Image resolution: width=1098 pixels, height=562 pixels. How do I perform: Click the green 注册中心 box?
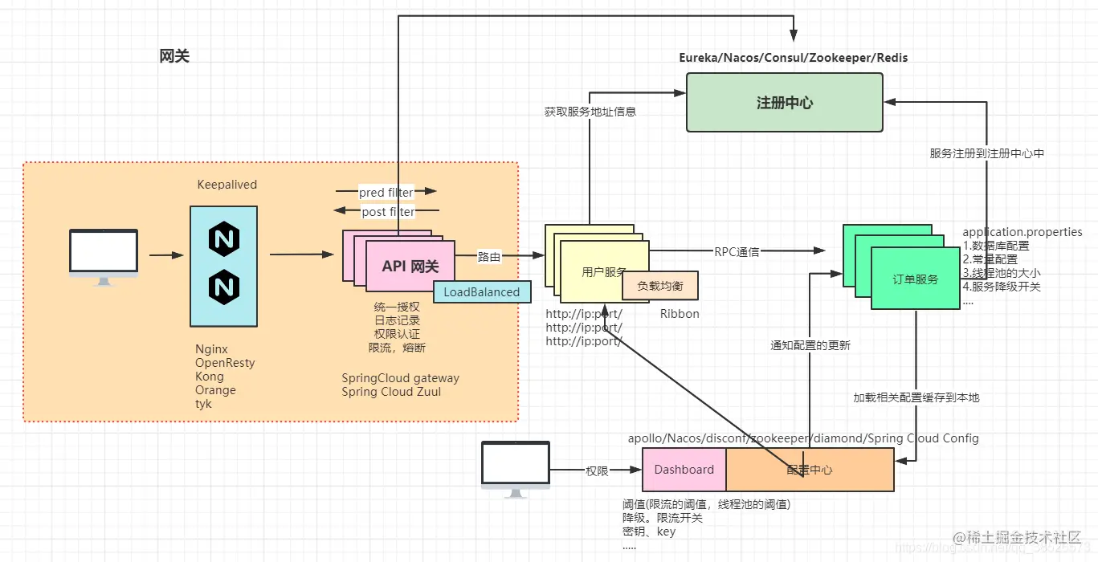(x=784, y=103)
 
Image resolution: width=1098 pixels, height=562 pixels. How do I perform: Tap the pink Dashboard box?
(x=684, y=470)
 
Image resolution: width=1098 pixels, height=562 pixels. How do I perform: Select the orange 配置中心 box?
(x=810, y=470)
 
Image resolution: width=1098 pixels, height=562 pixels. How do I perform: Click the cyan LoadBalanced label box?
(x=482, y=292)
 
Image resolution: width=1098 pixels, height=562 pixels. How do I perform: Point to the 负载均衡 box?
(x=661, y=285)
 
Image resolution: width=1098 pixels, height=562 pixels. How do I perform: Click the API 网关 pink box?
(x=410, y=266)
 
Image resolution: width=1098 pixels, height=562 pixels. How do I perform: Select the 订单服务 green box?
(x=916, y=279)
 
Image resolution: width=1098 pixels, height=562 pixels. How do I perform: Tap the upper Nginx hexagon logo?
(x=224, y=239)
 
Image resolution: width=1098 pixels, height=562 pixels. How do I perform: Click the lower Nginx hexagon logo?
(x=224, y=285)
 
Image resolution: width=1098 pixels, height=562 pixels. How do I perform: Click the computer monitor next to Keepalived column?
(x=103, y=255)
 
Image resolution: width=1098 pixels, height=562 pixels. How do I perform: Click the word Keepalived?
(x=227, y=185)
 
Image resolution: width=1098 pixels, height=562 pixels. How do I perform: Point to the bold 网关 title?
(x=174, y=56)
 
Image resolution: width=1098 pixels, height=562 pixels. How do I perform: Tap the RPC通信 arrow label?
(x=737, y=251)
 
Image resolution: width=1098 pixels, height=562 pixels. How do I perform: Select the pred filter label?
(x=386, y=193)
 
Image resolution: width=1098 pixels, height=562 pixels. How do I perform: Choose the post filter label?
(x=388, y=212)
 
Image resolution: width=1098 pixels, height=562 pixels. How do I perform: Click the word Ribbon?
(x=680, y=314)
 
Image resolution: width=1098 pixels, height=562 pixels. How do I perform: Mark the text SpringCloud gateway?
(x=400, y=378)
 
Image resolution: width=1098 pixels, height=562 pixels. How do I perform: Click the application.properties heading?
(x=1022, y=232)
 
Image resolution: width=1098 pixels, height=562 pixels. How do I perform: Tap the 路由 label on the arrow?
(x=489, y=257)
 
